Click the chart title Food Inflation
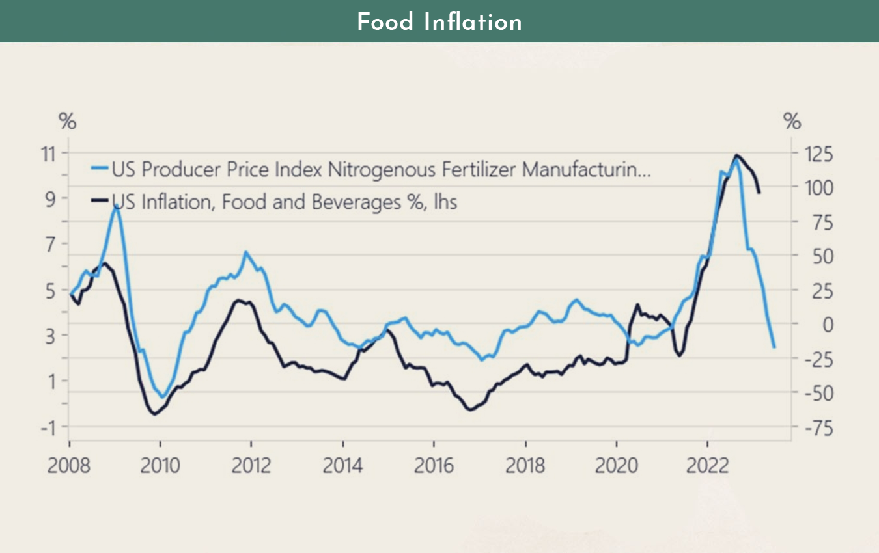pos(439,22)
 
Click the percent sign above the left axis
pos(68,121)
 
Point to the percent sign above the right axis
pos(792,121)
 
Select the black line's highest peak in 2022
pos(736,155)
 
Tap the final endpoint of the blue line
pos(774,347)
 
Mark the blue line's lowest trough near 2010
pos(163,397)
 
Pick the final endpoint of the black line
pos(759,193)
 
